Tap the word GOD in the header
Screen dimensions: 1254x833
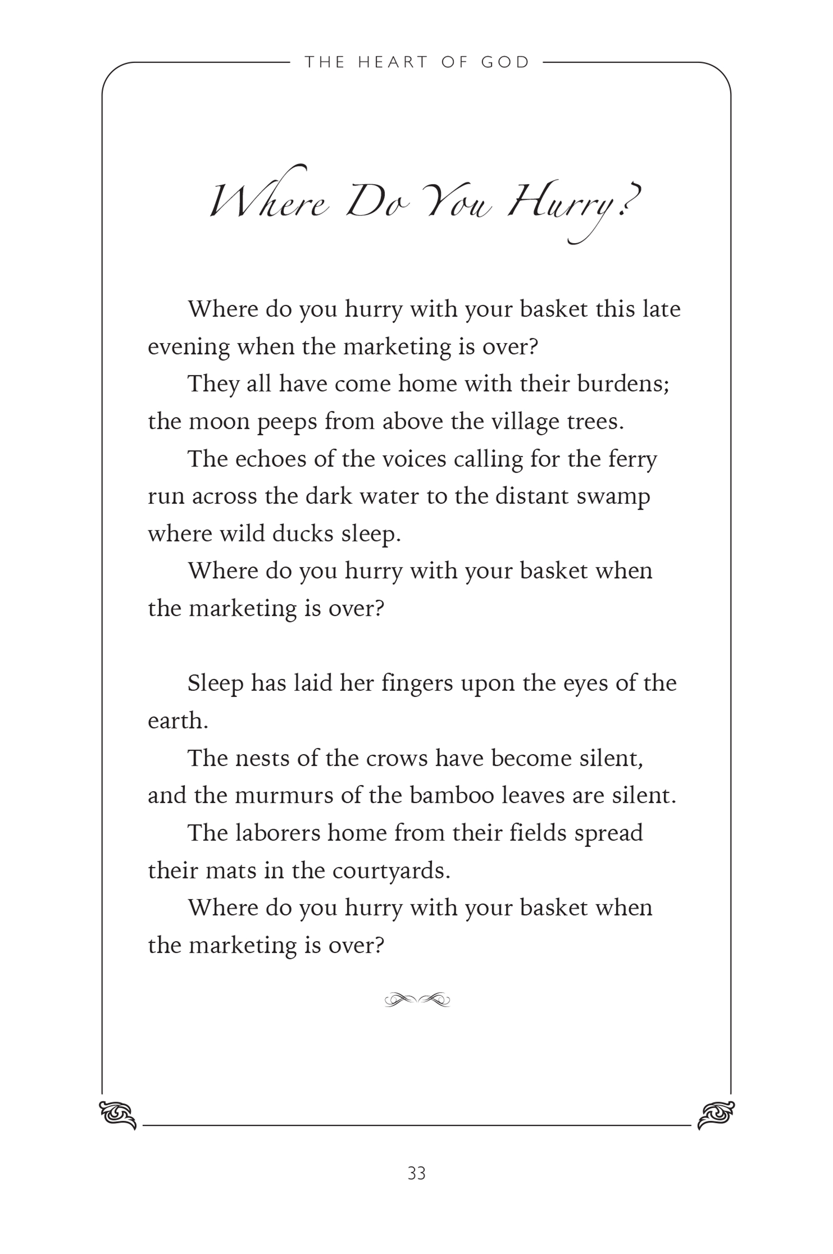(505, 62)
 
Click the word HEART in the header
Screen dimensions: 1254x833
(393, 62)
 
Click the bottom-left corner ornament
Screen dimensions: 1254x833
(118, 1115)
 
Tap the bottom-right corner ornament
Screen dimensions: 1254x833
(715, 1115)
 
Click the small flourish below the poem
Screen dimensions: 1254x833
(417, 1000)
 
